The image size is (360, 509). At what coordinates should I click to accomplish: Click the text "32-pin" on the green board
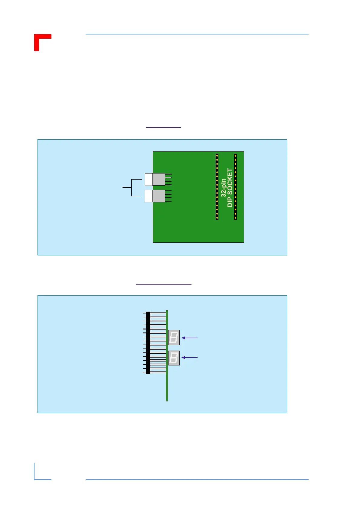point(224,188)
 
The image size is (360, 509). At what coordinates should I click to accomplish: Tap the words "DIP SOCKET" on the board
point(230,188)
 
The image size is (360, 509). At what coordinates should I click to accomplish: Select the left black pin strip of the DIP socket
point(217,187)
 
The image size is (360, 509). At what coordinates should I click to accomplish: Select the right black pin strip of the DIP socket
point(235,187)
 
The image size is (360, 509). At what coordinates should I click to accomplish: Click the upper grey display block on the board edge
point(159,179)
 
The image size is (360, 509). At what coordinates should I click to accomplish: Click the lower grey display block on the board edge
point(159,196)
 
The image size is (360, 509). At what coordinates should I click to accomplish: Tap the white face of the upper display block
point(149,179)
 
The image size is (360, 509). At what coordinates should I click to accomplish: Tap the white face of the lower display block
point(149,196)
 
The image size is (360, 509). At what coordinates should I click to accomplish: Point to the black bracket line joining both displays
point(132,188)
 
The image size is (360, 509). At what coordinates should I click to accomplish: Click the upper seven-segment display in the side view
point(174,338)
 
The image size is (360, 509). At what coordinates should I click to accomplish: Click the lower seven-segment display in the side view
point(174,358)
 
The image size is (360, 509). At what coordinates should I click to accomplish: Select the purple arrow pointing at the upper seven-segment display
point(189,338)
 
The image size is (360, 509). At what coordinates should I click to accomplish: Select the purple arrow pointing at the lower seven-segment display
point(189,358)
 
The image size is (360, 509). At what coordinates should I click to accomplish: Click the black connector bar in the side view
point(148,343)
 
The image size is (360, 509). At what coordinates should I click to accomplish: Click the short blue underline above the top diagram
point(163,128)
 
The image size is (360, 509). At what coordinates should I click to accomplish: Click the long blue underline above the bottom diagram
point(163,285)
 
